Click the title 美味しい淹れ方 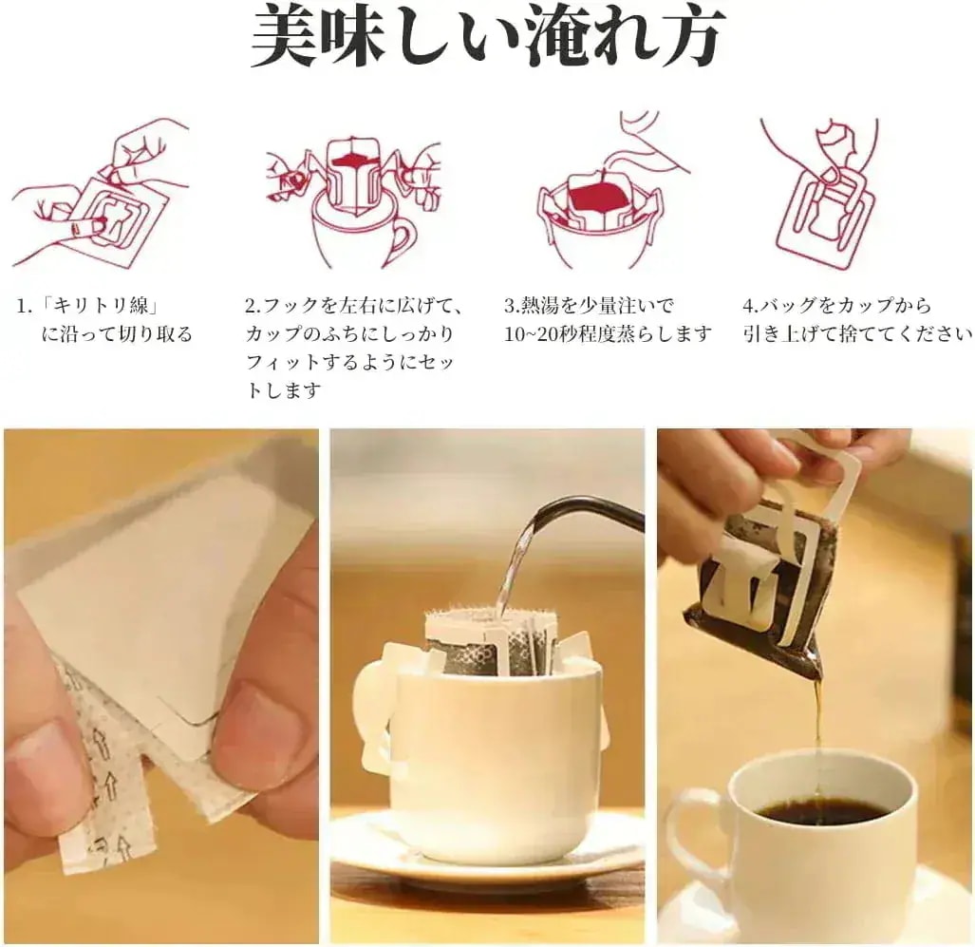pos(488,36)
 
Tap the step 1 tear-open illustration pos(101,192)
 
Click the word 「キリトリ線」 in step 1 pos(100,306)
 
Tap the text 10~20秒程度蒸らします pos(608,334)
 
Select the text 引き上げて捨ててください pos(858,334)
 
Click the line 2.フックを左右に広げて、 pos(354,306)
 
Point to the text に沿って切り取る pos(117,334)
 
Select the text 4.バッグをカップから pos(837,306)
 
